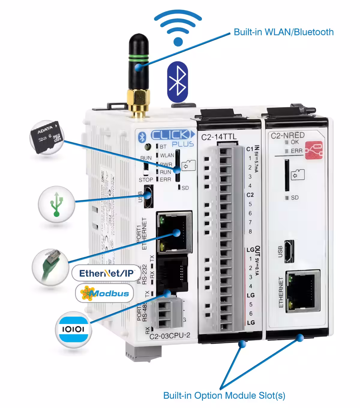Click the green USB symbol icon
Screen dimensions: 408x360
pyautogui.click(x=56, y=204)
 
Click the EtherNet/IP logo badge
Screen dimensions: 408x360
pyautogui.click(x=106, y=273)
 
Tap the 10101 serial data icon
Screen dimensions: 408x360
pyautogui.click(x=73, y=329)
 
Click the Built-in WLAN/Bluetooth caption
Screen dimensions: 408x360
pyautogui.click(x=283, y=32)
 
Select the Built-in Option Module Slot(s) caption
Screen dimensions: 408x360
pyautogui.click(x=224, y=395)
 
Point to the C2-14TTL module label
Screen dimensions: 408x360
pyautogui.click(x=219, y=137)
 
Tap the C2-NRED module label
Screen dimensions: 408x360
pyautogui.click(x=287, y=136)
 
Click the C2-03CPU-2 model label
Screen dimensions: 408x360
pyautogui.click(x=170, y=336)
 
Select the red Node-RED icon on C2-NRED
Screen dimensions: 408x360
pyautogui.click(x=314, y=150)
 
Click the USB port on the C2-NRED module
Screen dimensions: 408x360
pyautogui.click(x=289, y=251)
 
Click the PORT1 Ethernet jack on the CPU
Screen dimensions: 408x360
pyautogui.click(x=174, y=232)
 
